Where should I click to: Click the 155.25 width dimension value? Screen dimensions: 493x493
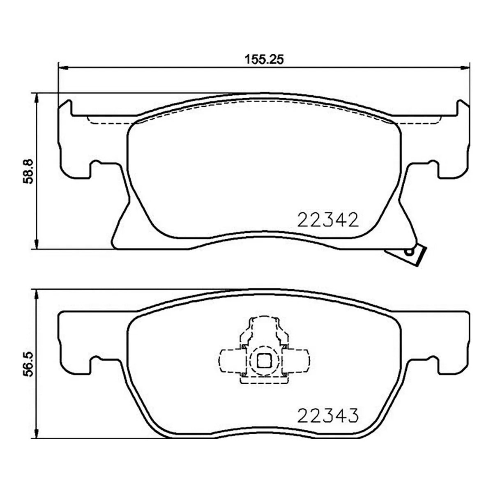[x=265, y=60]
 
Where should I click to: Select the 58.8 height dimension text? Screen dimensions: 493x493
[x=28, y=172]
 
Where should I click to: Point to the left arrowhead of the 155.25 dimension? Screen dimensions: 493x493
[x=63, y=68]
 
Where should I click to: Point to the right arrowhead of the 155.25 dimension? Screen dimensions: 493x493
[x=465, y=68]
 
